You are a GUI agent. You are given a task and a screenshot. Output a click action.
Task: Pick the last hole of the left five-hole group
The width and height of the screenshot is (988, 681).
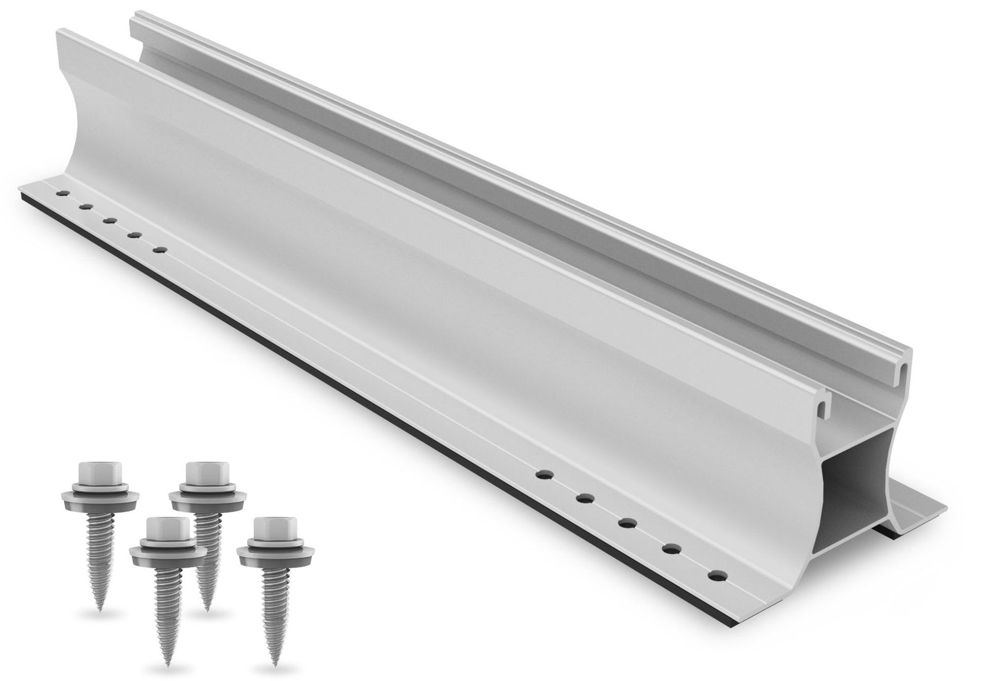pos(161,249)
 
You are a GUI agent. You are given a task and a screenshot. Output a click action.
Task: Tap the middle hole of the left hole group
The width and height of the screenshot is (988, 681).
pos(110,220)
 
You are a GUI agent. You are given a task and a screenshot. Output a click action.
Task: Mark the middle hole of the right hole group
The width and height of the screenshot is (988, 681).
pos(627,523)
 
